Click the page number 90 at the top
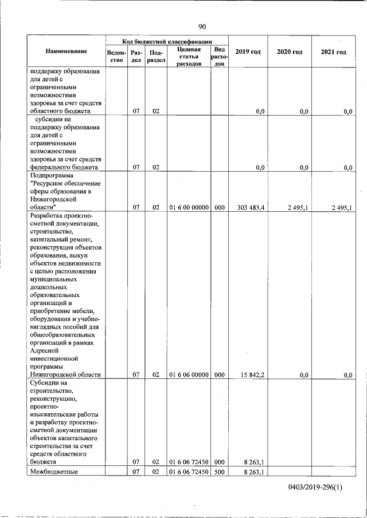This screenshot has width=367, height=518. click(x=202, y=26)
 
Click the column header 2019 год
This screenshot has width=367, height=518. click(x=248, y=52)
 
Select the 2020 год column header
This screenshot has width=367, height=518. click(x=289, y=52)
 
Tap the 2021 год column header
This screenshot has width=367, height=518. click(x=333, y=52)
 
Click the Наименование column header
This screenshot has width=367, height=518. click(x=66, y=52)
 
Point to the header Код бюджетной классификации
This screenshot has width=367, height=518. click(x=167, y=41)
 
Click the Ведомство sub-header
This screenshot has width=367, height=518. click(x=116, y=56)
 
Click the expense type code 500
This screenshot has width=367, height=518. click(x=219, y=472)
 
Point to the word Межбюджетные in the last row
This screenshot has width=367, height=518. click(x=53, y=472)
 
